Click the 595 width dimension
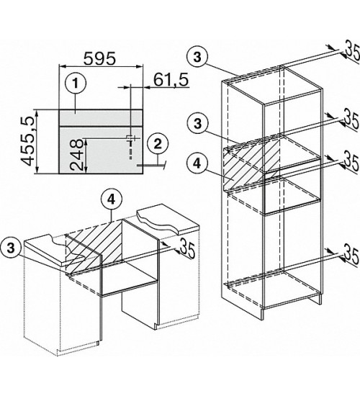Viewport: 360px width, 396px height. coord(99,58)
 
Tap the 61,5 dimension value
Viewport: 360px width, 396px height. coord(171,80)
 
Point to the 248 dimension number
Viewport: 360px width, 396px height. coord(76,155)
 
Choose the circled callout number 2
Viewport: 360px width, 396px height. coord(158,145)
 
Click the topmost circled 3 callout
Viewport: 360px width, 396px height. coord(197,57)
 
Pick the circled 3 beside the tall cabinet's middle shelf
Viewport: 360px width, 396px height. coord(197,124)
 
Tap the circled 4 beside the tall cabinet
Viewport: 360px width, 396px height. coord(197,164)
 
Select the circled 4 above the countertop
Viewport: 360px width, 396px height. coord(112,200)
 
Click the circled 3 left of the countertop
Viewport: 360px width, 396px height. coord(11,248)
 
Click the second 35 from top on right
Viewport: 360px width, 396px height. coord(352,117)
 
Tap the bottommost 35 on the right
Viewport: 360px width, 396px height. coord(352,256)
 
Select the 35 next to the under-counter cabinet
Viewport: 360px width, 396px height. coord(188,250)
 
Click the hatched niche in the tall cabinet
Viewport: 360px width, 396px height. coord(251,165)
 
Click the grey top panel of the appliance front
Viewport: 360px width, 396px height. coord(101,117)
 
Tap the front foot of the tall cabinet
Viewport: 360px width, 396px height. coord(263,313)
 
